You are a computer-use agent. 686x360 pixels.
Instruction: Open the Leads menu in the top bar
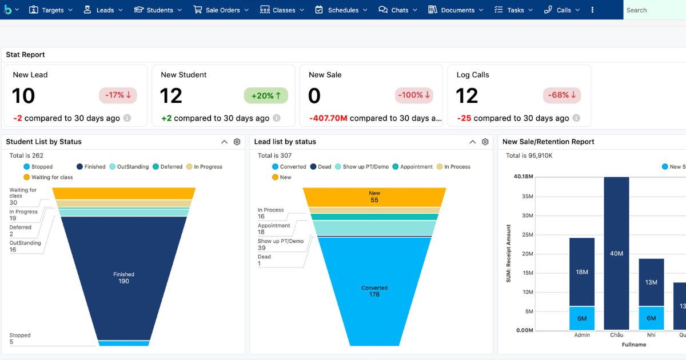click(x=103, y=10)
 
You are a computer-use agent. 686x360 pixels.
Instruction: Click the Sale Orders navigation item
click(x=221, y=10)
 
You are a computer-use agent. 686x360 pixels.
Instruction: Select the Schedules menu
click(x=341, y=10)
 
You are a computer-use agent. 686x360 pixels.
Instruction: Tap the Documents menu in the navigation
click(x=456, y=10)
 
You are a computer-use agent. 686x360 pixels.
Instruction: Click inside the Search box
click(x=655, y=10)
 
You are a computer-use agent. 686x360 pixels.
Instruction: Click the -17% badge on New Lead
click(x=118, y=95)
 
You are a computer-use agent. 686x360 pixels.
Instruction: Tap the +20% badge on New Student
click(x=266, y=95)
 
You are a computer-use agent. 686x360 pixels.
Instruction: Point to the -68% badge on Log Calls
click(x=561, y=95)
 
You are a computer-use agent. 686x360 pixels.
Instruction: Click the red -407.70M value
click(x=328, y=118)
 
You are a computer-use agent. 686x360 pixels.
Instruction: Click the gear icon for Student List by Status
click(x=237, y=142)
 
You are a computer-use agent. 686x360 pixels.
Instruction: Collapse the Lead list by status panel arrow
click(x=473, y=142)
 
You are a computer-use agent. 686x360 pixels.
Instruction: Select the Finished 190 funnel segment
click(x=123, y=277)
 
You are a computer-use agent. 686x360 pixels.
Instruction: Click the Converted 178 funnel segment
click(x=374, y=291)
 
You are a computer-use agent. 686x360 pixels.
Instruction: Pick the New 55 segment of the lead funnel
click(x=374, y=197)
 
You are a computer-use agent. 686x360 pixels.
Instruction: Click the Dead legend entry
click(x=321, y=166)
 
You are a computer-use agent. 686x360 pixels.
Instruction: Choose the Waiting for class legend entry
click(x=48, y=177)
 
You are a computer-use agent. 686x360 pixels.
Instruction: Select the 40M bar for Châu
click(x=616, y=254)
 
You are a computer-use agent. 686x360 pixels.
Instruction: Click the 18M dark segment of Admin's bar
click(x=582, y=272)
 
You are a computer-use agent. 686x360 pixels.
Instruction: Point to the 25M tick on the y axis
click(x=527, y=235)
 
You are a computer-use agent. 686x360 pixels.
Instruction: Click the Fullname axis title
click(x=634, y=345)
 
